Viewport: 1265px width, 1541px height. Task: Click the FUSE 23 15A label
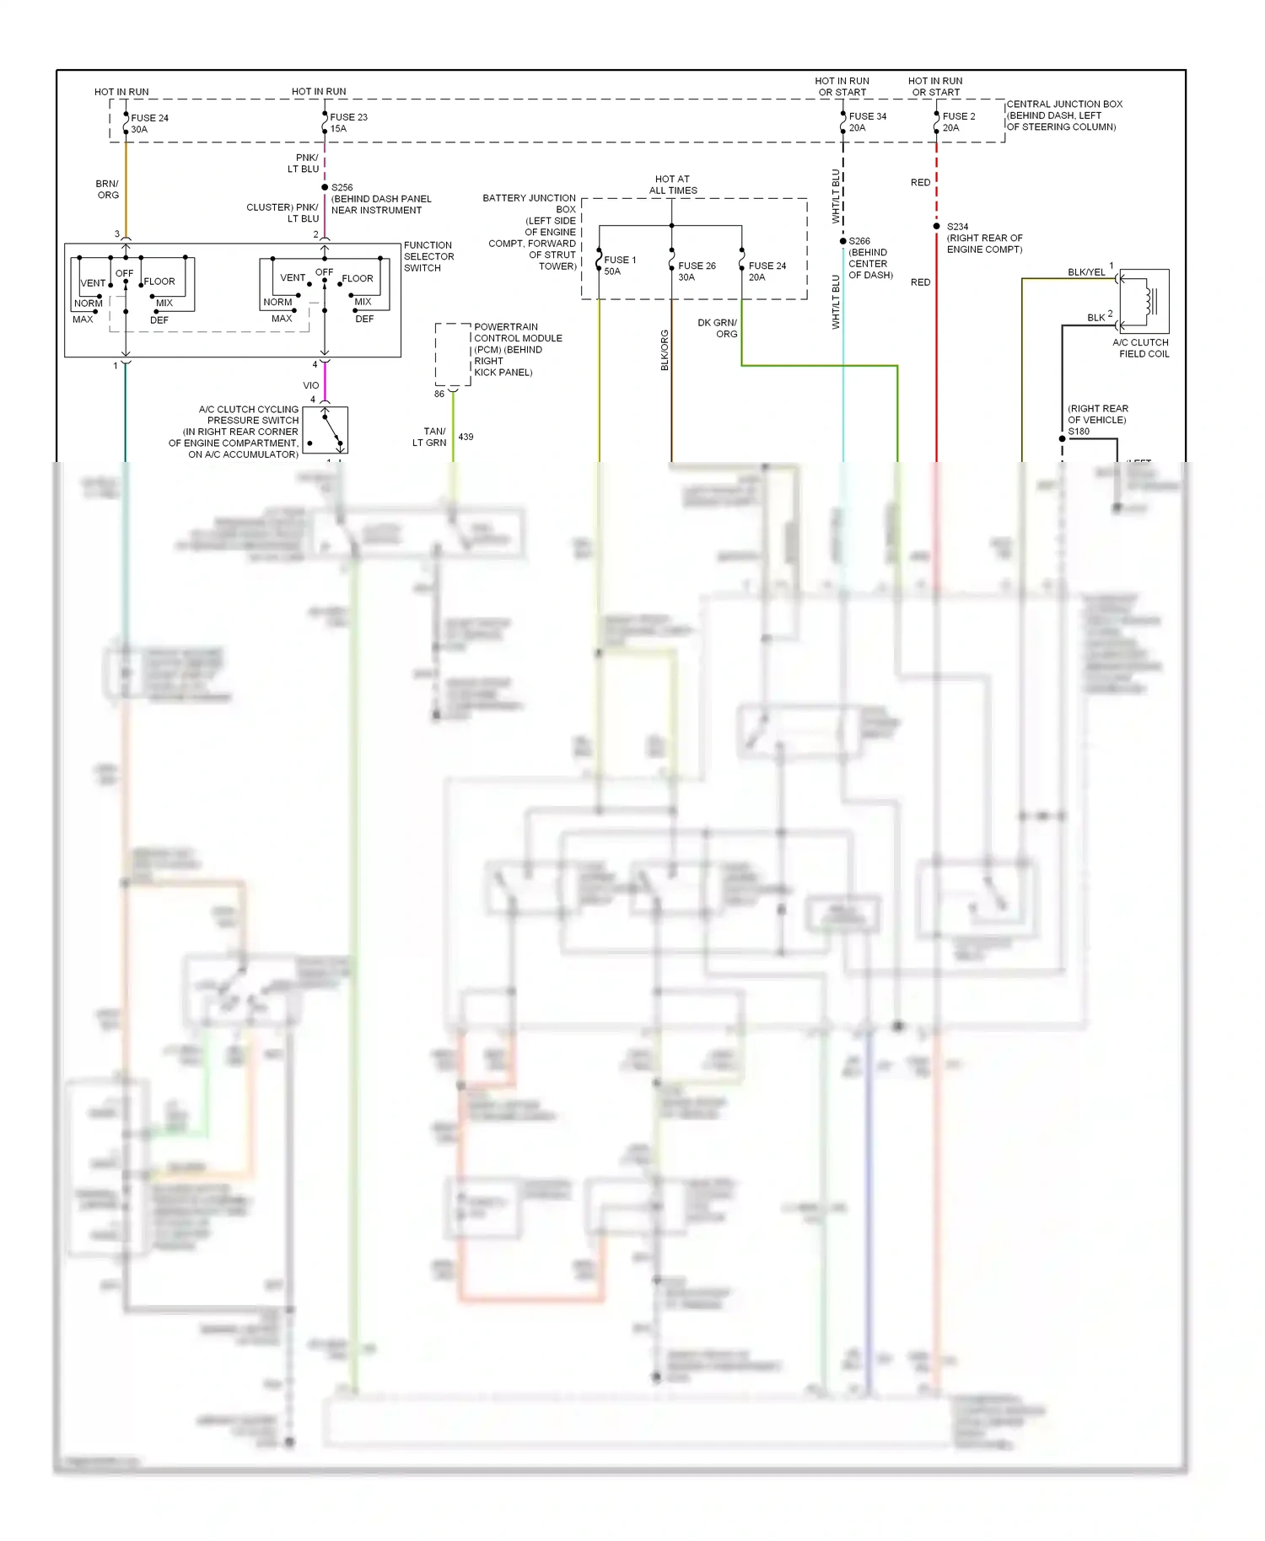coord(348,123)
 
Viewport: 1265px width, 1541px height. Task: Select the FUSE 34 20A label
coord(867,122)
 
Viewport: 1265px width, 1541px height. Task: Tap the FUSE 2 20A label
coord(958,122)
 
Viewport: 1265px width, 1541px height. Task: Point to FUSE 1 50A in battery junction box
coord(619,266)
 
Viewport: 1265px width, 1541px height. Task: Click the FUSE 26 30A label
coord(696,271)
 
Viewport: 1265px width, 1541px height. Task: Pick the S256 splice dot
coord(325,187)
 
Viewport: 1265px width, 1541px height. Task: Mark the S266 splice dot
coord(842,241)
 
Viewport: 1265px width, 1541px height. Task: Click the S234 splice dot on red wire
coord(936,226)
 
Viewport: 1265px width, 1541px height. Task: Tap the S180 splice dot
coord(1062,438)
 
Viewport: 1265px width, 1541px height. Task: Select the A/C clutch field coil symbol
coord(1144,301)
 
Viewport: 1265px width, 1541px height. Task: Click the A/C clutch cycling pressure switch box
coord(325,430)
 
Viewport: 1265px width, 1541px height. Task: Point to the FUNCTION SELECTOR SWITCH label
coord(428,256)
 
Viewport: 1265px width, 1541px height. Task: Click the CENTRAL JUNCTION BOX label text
coord(1063,115)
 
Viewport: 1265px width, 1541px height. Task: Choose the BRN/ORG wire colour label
coord(107,189)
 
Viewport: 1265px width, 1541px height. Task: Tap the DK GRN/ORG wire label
coord(718,328)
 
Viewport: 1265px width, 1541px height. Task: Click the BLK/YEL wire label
coord(1085,272)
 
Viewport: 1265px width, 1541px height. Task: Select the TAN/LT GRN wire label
coord(430,437)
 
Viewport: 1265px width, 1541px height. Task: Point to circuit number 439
coord(466,437)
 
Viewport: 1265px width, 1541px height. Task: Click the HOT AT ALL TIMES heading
coord(672,185)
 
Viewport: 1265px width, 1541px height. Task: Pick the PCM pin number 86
coord(439,394)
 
